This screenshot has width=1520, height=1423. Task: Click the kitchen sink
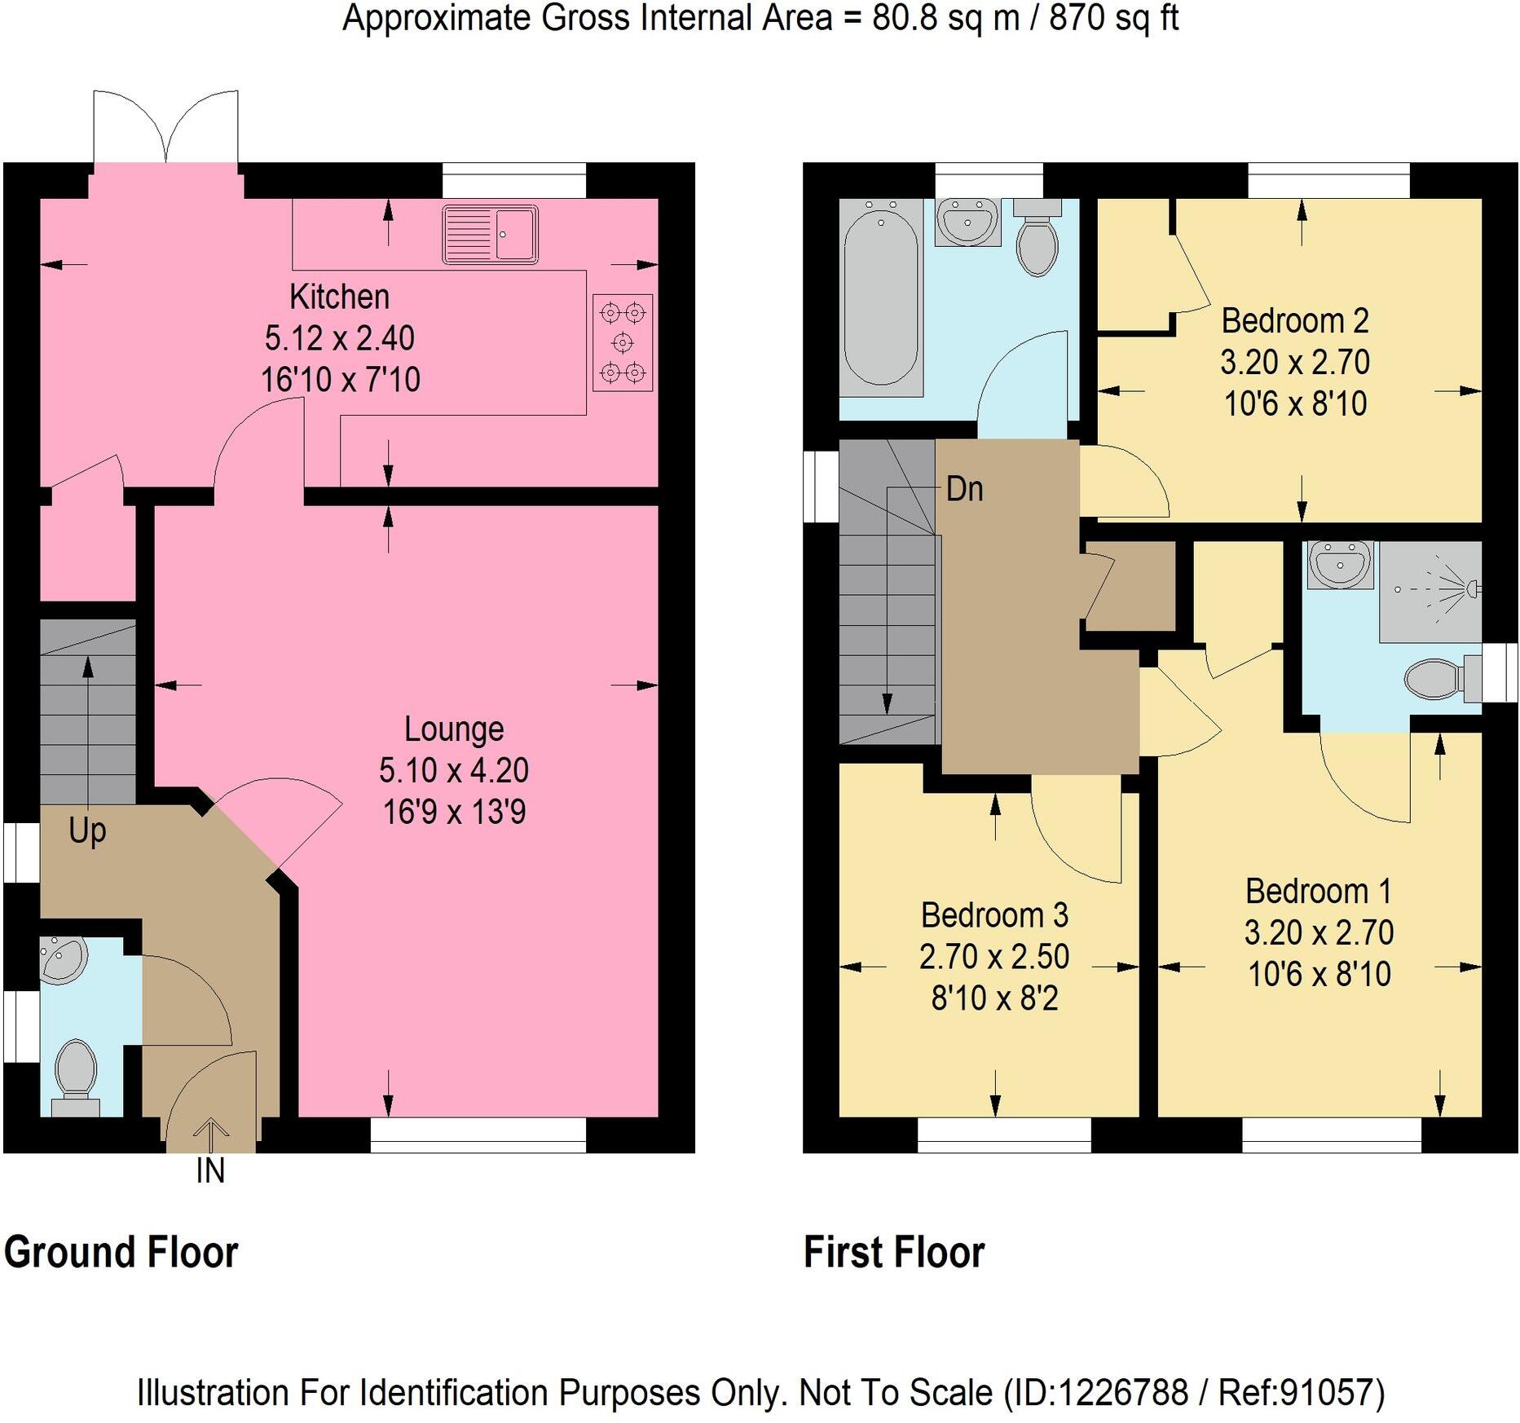click(x=490, y=235)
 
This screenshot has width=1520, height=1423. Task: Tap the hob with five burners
click(x=622, y=342)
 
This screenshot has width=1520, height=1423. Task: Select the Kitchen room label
click(x=339, y=297)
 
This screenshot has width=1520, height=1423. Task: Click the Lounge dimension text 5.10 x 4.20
click(x=454, y=770)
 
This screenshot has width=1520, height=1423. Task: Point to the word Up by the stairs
click(x=87, y=830)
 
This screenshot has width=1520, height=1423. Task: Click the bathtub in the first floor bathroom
click(x=880, y=297)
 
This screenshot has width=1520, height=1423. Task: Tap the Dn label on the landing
click(x=964, y=489)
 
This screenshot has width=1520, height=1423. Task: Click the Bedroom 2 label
click(x=1294, y=321)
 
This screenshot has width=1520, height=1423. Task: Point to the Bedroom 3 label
click(x=994, y=915)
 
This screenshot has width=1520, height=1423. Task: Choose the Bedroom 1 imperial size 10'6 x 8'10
click(x=1319, y=974)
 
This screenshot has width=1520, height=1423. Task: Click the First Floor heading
click(x=893, y=1252)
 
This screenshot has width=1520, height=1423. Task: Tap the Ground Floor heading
click(x=121, y=1252)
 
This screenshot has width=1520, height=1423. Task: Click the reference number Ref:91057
click(x=1301, y=1393)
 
